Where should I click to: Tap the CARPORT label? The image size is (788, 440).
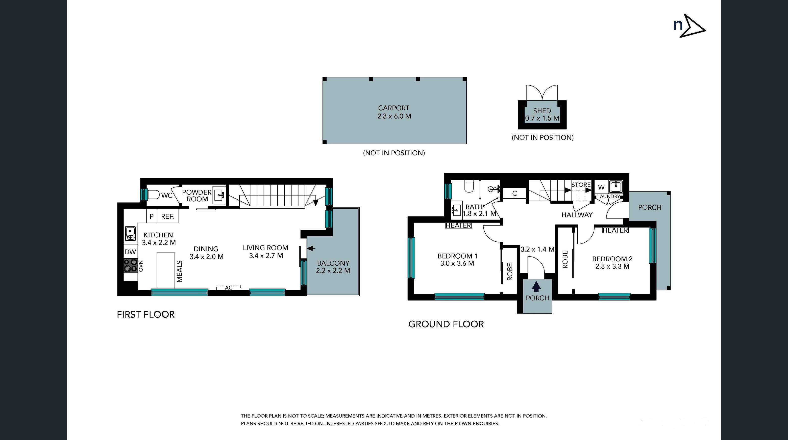pos(393,108)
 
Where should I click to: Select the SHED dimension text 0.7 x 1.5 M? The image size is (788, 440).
pos(542,118)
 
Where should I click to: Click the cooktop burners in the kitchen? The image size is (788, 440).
pos(130,265)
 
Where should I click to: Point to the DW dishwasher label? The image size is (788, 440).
pos(130,252)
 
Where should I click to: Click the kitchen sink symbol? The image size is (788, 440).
pos(130,233)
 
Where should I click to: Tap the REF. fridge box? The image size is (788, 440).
pos(168,216)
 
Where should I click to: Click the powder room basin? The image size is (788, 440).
pos(219,194)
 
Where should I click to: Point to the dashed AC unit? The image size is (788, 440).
pos(229,287)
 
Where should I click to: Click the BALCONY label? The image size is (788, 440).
pos(333,263)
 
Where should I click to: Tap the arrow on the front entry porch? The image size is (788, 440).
pos(536,287)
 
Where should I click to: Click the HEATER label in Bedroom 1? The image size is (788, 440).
pos(458,226)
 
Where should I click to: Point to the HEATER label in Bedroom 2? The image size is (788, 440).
pos(615,230)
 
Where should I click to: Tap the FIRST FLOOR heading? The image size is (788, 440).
pos(146,314)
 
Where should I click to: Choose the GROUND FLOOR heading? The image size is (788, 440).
pos(446,324)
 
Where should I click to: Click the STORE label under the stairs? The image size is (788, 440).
pos(581,185)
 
